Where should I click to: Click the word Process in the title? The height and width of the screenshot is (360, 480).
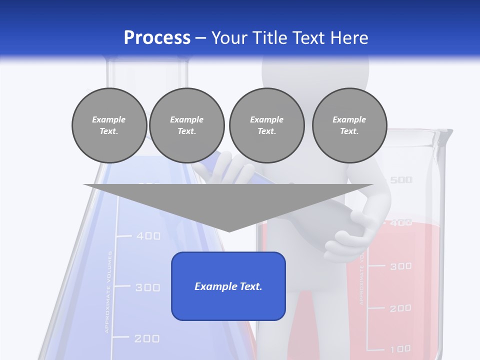[157, 38]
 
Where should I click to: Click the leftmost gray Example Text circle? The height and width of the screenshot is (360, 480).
[109, 125]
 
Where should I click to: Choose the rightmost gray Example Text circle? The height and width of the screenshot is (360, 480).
[349, 125]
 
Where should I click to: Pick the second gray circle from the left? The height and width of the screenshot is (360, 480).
[186, 125]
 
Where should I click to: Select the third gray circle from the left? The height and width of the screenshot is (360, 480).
[266, 125]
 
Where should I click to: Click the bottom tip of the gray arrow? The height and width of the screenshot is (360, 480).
[228, 230]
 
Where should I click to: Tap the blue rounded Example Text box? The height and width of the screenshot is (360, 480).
[228, 286]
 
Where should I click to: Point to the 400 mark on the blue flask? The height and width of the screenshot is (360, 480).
[148, 235]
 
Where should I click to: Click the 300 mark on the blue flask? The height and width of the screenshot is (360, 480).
[147, 287]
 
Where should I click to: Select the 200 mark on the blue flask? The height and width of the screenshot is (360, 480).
[146, 338]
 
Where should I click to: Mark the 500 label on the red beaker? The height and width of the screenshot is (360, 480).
[401, 180]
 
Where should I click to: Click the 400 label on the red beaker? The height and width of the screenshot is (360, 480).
[401, 223]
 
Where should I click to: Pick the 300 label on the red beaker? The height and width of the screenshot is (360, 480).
[400, 266]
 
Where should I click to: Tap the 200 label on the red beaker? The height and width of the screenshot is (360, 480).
[400, 308]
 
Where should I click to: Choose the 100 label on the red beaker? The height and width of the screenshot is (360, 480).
[400, 348]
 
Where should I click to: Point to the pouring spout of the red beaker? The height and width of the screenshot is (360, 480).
[446, 134]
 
